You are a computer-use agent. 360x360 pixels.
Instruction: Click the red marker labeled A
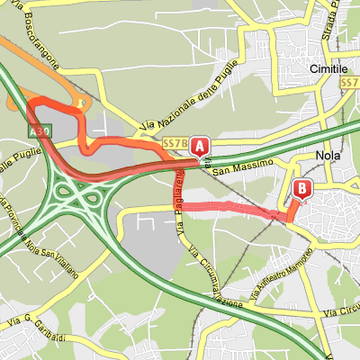coord(199,146)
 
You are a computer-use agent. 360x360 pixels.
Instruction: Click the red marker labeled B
coord(302,190)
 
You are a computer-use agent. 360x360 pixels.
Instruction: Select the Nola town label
coord(327,155)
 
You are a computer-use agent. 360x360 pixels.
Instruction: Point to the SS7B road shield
coord(175,144)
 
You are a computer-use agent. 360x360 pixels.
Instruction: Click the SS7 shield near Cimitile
coord(351,82)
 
